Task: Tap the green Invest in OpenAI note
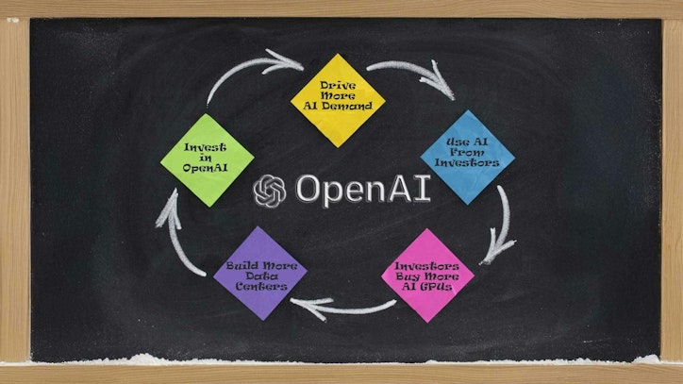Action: [x=208, y=159]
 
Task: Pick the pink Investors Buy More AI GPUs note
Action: [x=427, y=275]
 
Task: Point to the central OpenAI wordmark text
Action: [x=361, y=190]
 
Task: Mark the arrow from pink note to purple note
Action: [x=344, y=306]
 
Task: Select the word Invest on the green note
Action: [x=205, y=147]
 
